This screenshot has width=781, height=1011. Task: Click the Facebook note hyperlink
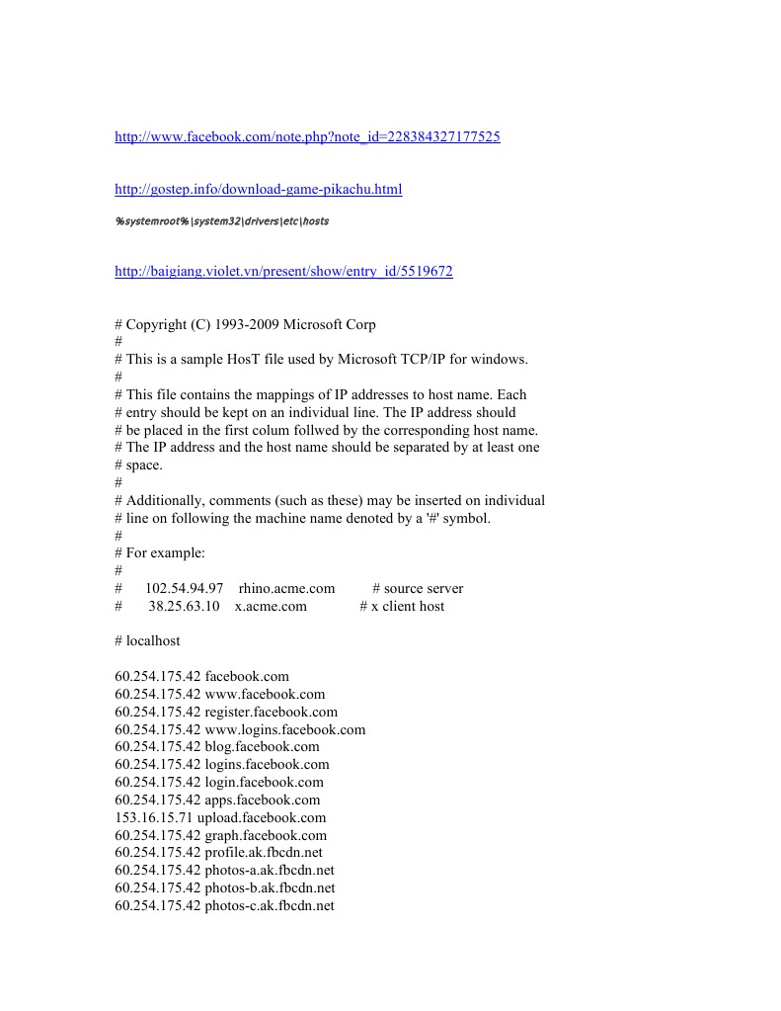tap(307, 137)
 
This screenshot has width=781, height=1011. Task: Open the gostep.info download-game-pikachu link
tap(259, 189)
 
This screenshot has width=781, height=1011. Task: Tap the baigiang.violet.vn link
tap(283, 272)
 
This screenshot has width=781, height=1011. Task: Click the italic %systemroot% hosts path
tap(222, 221)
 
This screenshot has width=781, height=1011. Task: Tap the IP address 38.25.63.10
tap(184, 606)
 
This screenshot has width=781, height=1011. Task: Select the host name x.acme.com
tap(271, 606)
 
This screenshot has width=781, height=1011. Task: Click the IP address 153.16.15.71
tap(153, 817)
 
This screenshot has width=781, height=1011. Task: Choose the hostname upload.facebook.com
tap(262, 817)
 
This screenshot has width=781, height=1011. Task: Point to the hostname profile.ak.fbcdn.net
tap(264, 852)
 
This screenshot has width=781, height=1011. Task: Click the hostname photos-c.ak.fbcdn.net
tap(270, 905)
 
